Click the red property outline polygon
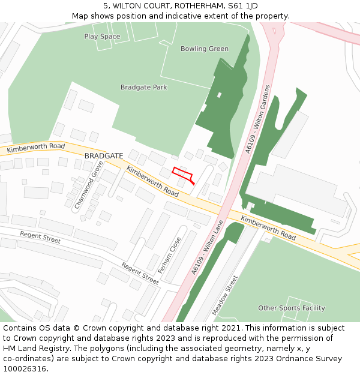tap(183, 175)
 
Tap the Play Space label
tap(102, 37)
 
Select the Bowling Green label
tap(204, 49)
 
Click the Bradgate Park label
tap(143, 87)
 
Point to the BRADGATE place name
tap(104, 155)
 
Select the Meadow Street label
tap(225, 295)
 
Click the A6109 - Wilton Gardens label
tap(258, 119)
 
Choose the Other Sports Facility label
tap(292, 308)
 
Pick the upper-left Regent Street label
tap(40, 238)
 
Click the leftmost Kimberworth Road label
tap(36, 148)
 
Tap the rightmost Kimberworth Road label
tap(268, 228)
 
